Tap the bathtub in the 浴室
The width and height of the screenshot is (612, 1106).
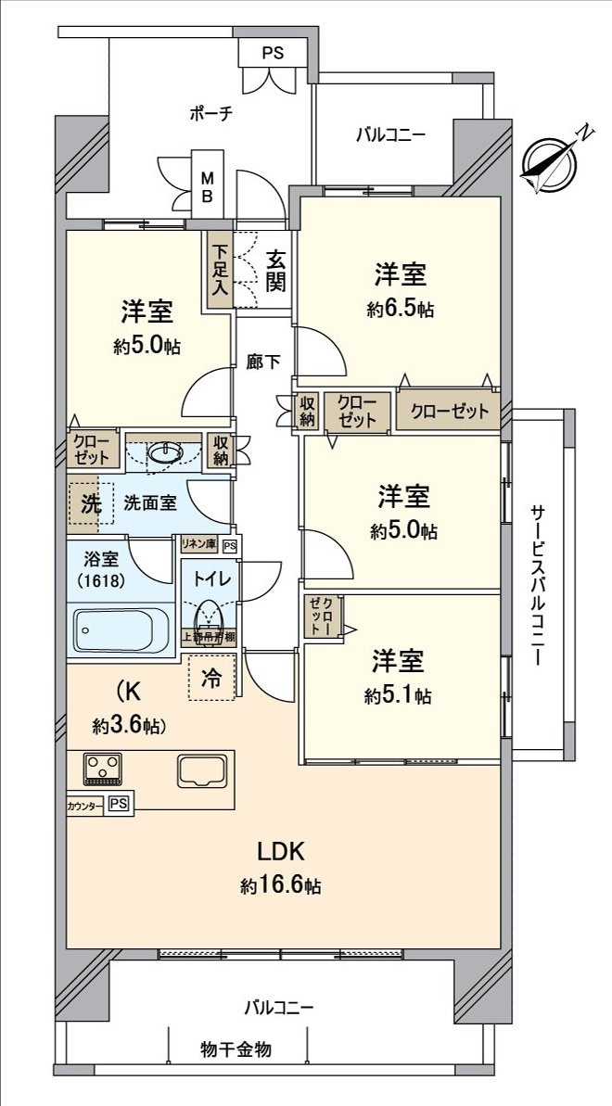pyautogui.click(x=121, y=629)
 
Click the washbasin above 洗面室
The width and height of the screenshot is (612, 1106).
pyautogui.click(x=165, y=452)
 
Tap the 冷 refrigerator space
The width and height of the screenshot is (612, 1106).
pyautogui.click(x=211, y=678)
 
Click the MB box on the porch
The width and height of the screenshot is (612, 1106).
pyautogui.click(x=208, y=187)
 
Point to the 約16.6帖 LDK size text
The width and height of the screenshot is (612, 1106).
pyautogui.click(x=281, y=886)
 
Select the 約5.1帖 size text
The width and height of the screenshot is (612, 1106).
pyautogui.click(x=398, y=695)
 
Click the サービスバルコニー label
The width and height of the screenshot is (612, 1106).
pyautogui.click(x=539, y=585)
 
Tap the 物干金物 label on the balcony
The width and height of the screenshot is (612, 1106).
pyautogui.click(x=236, y=1050)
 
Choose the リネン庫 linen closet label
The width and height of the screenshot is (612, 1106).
pyautogui.click(x=198, y=546)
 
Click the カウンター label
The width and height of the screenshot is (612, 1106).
pyautogui.click(x=85, y=806)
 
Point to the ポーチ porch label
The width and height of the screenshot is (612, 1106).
pyautogui.click(x=210, y=114)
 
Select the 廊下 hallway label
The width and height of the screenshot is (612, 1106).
pyautogui.click(x=264, y=362)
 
